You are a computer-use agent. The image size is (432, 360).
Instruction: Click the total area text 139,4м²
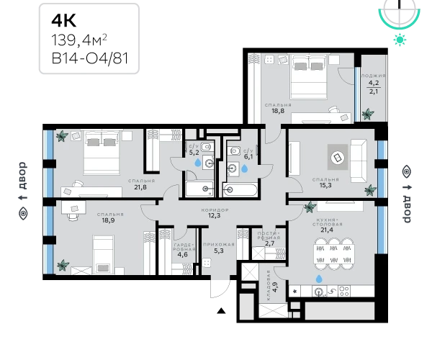[x=79, y=40]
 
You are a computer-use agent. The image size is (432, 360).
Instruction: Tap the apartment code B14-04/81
[x=90, y=58]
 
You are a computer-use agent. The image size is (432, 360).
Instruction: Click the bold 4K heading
[x=63, y=20]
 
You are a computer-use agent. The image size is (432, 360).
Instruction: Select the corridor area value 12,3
[x=214, y=215]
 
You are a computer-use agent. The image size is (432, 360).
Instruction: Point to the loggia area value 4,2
[x=374, y=83]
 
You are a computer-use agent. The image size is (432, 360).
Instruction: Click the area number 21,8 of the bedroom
[x=140, y=187]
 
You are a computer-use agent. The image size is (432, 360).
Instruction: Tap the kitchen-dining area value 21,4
[x=327, y=230]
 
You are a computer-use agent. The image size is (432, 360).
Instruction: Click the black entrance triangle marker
[x=221, y=311]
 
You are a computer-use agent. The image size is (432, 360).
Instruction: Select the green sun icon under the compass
[x=400, y=40]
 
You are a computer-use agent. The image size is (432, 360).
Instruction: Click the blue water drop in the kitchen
[x=319, y=279]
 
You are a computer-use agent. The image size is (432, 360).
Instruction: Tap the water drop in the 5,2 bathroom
[x=198, y=163]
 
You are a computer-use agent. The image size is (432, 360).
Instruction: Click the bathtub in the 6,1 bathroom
[x=240, y=189]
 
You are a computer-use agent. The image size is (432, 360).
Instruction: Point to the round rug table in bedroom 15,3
[x=338, y=158]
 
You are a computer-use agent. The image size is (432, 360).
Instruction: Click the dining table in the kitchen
[x=334, y=253]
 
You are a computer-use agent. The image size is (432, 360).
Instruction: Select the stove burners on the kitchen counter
[x=344, y=291]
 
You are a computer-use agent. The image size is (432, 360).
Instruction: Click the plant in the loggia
[x=368, y=114]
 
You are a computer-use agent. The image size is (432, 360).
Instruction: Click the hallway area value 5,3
[x=219, y=251]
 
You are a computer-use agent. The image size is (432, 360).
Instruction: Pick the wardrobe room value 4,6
[x=182, y=254]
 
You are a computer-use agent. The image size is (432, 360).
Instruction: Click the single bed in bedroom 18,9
[x=103, y=254]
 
